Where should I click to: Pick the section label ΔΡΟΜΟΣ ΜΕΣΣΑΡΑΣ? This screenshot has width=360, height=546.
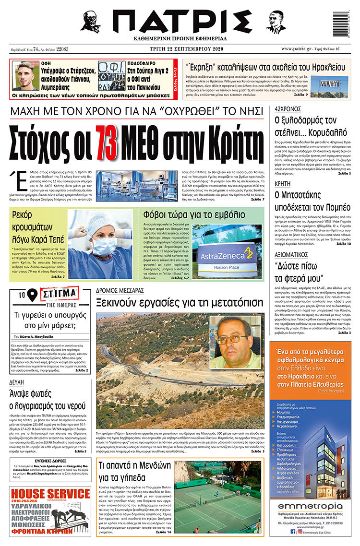point(120,291)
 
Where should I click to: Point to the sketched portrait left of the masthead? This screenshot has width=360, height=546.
point(90,21)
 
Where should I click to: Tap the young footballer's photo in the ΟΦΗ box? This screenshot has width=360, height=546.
point(25,76)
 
